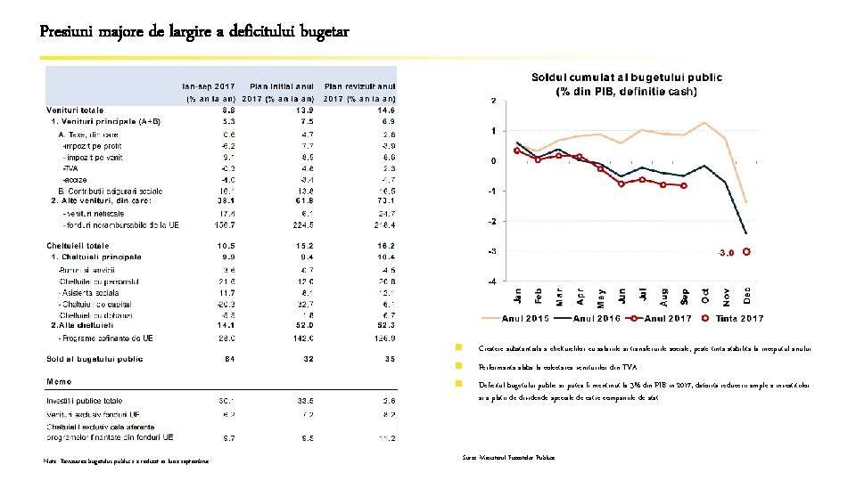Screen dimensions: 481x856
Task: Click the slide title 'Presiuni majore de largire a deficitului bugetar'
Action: click(x=194, y=32)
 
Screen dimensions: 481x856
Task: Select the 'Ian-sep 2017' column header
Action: click(x=209, y=86)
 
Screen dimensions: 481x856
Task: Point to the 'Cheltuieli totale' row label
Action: click(x=78, y=246)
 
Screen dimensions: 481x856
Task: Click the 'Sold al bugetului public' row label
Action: click(x=95, y=359)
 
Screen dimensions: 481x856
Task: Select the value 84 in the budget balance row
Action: click(x=228, y=359)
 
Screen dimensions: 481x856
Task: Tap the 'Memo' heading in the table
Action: click(x=60, y=381)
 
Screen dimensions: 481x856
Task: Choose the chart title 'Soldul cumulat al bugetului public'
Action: click(x=628, y=77)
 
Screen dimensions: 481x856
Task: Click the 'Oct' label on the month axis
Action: click(x=704, y=292)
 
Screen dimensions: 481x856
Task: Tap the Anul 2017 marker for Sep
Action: click(x=684, y=185)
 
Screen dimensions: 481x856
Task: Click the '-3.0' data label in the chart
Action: click(x=726, y=252)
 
